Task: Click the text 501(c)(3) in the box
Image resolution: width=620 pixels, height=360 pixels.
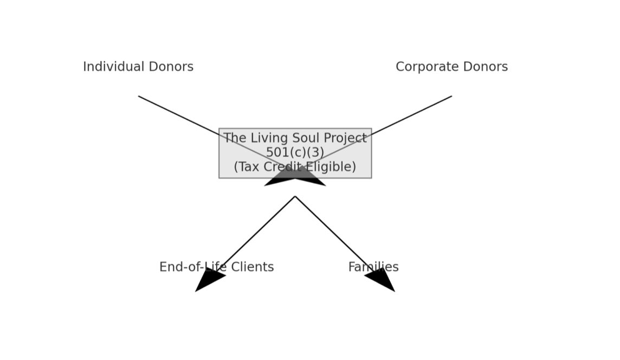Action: (295, 152)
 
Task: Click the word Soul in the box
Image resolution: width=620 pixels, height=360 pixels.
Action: (306, 138)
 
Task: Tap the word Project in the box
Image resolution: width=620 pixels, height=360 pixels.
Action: (345, 138)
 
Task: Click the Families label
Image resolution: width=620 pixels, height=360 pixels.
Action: (373, 267)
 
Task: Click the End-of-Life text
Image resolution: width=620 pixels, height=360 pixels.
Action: (192, 267)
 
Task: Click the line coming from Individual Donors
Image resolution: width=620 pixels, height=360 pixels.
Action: (179, 115)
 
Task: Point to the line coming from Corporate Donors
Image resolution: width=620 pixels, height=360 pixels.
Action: (412, 115)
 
